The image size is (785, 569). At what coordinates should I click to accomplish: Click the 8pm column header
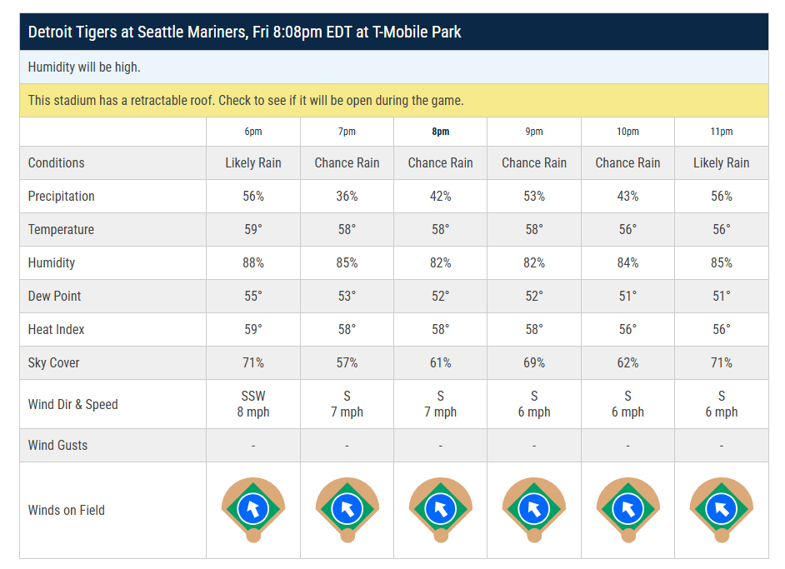pyautogui.click(x=440, y=132)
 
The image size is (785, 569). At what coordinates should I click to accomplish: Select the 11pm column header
pyautogui.click(x=721, y=132)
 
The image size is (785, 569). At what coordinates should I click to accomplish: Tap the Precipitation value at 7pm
pyautogui.click(x=347, y=197)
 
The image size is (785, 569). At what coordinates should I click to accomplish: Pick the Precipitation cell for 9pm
pyautogui.click(x=534, y=197)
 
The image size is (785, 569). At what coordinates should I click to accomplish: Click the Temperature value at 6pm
pyautogui.click(x=253, y=230)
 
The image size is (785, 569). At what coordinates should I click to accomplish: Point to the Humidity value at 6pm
pyautogui.click(x=253, y=263)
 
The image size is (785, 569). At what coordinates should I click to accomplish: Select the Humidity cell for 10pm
pyautogui.click(x=627, y=263)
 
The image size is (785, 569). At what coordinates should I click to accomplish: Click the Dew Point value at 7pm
pyautogui.click(x=347, y=297)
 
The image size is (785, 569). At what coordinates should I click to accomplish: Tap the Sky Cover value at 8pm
pyautogui.click(x=440, y=363)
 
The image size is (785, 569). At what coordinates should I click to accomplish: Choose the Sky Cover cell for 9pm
pyautogui.click(x=534, y=363)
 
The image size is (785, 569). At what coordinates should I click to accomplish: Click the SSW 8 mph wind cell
pyautogui.click(x=253, y=404)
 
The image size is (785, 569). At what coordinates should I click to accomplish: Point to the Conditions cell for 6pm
pyautogui.click(x=253, y=163)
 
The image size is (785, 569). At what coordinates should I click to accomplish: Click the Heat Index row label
pyautogui.click(x=56, y=330)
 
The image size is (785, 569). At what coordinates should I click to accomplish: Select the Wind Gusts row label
pyautogui.click(x=57, y=446)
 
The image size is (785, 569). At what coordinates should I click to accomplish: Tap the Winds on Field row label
pyautogui.click(x=66, y=511)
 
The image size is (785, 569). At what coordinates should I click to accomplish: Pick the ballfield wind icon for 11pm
pyautogui.click(x=721, y=508)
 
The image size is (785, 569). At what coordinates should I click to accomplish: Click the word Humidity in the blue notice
pyautogui.click(x=52, y=67)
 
